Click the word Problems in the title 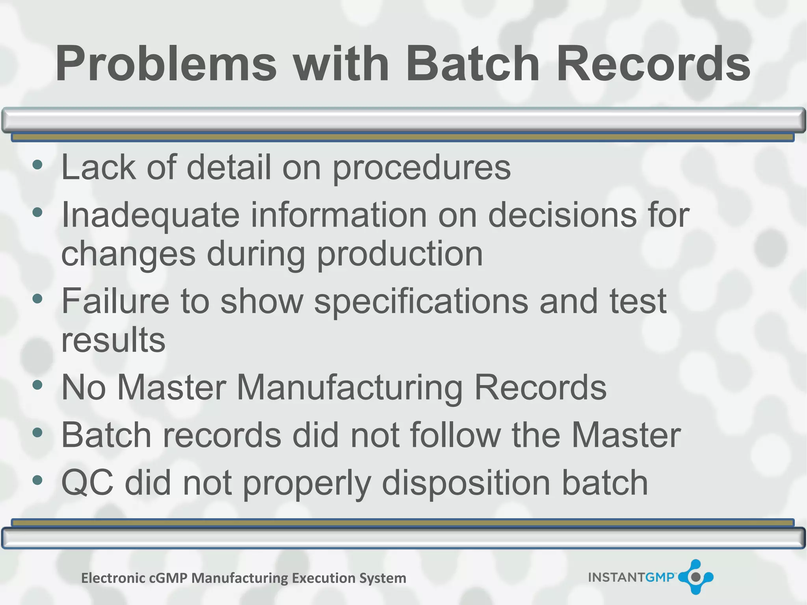(166, 64)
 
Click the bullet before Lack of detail (37, 165)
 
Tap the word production (400, 254)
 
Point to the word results (113, 340)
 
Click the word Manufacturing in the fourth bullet (350, 388)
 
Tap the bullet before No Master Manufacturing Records (37, 385)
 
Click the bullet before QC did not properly (37, 480)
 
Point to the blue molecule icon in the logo (696, 577)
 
